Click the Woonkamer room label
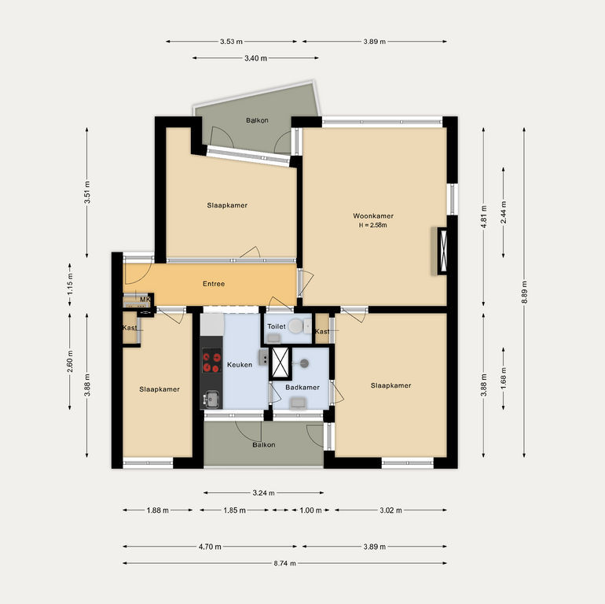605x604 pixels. coord(372,215)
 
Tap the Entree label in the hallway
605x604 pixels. coord(214,284)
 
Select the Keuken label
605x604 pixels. coord(240,365)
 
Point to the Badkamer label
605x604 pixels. coord(302,388)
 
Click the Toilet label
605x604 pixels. coord(277,326)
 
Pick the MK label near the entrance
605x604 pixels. coord(145,300)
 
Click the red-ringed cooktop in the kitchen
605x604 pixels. coord(212,361)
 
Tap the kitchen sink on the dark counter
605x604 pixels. coord(211,400)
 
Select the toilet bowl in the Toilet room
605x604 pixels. coord(296,326)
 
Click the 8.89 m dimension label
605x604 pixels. coord(524,293)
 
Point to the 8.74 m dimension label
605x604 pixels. coord(284,563)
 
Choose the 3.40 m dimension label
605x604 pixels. coord(255,58)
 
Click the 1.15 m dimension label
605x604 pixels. coord(70,284)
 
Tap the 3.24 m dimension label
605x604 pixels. coord(263,493)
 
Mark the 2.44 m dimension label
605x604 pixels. coord(504,213)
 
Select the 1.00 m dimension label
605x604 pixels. coord(310,510)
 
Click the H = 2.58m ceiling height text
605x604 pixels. coord(372,225)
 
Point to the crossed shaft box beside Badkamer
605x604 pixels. coord(280,363)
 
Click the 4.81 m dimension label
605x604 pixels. coord(484,216)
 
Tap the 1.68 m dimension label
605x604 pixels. coord(504,378)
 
